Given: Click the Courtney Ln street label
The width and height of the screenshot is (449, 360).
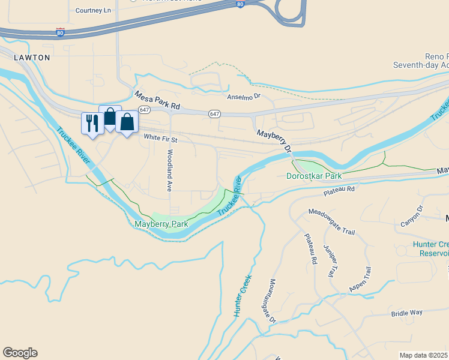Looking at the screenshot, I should (94, 10).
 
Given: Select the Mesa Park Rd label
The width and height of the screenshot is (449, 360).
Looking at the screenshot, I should (157, 101).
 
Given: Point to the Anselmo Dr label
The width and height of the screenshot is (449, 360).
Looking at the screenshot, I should (243, 97).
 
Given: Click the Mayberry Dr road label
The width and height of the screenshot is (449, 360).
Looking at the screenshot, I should (274, 141).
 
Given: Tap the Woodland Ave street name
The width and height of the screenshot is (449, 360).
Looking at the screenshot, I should (170, 170).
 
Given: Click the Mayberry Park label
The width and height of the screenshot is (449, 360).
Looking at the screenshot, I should (161, 224).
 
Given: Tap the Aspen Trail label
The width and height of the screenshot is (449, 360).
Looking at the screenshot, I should (362, 280).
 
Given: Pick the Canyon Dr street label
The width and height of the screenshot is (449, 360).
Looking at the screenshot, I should (412, 217).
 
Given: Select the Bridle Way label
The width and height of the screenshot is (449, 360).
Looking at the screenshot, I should (407, 313).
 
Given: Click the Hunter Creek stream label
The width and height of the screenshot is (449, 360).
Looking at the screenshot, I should (243, 295).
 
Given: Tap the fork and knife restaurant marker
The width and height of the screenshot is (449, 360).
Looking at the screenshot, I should (92, 124).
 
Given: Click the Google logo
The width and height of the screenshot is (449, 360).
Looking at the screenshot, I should (20, 353).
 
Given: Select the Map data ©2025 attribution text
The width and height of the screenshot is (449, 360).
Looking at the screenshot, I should (424, 355).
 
